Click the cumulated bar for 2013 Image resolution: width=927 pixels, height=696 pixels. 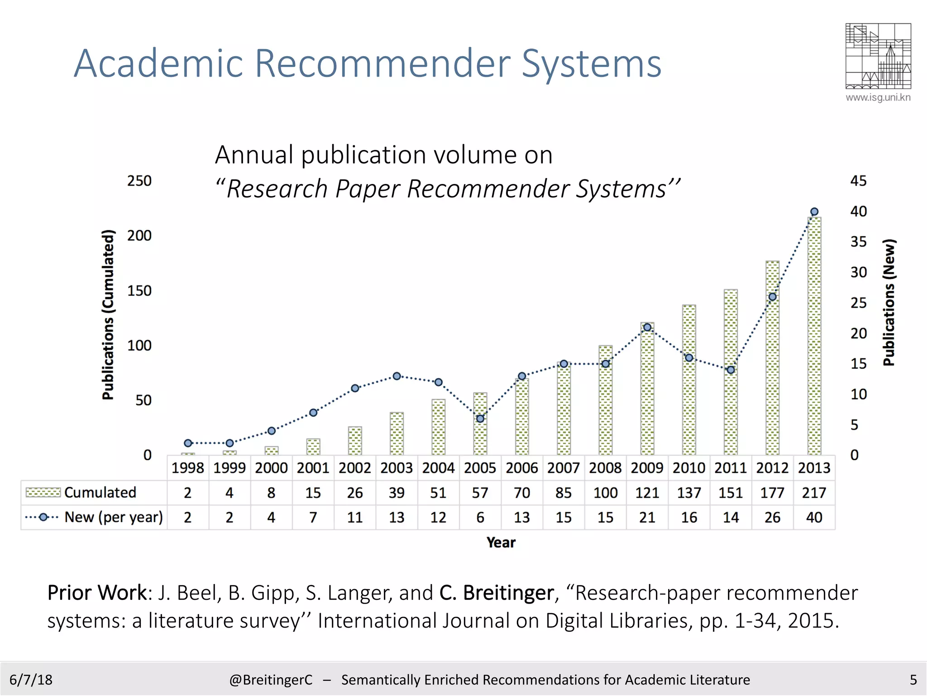(814, 335)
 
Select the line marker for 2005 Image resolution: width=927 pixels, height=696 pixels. (480, 419)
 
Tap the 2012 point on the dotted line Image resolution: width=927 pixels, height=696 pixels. (773, 297)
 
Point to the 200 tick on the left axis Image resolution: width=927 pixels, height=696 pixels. (139, 236)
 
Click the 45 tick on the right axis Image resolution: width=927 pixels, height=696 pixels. (858, 181)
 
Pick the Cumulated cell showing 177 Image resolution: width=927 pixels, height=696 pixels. (772, 493)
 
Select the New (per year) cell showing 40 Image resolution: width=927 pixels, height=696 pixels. (814, 517)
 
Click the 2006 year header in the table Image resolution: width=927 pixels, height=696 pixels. (522, 468)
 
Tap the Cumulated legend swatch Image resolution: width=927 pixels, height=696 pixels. (43, 493)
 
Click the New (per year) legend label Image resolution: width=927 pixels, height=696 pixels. (114, 517)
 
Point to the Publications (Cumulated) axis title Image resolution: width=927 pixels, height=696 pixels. (108, 315)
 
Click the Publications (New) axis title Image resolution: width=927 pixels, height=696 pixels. (889, 302)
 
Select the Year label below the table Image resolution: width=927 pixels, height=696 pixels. (501, 542)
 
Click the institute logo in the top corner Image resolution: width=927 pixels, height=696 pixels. (878, 56)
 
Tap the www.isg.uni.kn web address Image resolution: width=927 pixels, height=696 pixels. (878, 97)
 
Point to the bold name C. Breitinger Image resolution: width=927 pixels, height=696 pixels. (497, 593)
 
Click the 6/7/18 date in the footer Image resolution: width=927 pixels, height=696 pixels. (31, 680)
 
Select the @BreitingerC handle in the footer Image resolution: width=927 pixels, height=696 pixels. (271, 680)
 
